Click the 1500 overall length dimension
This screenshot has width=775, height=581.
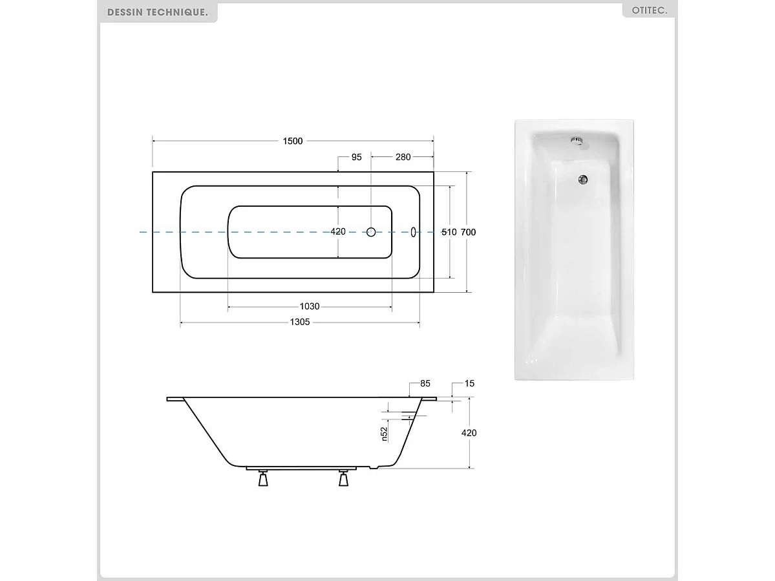click(292, 142)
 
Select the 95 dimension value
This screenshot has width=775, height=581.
click(356, 157)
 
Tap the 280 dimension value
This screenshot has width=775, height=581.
click(403, 157)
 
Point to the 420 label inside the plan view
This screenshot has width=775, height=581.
click(338, 232)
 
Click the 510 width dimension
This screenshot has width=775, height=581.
click(449, 232)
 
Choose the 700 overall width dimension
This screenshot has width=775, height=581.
click(469, 232)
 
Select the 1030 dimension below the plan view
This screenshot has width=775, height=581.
click(310, 306)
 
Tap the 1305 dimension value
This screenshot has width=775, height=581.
click(300, 322)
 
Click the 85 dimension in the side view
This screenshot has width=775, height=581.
click(425, 384)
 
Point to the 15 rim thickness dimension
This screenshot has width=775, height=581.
click(469, 384)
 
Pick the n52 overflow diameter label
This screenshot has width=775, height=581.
click(384, 434)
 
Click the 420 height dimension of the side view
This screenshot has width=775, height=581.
click(469, 433)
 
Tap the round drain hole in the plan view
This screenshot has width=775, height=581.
click(372, 232)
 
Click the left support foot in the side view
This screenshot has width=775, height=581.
click(263, 480)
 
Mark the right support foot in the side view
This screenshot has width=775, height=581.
click(343, 480)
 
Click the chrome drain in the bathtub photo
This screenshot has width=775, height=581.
click(583, 180)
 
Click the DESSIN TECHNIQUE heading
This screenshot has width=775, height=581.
click(158, 12)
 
